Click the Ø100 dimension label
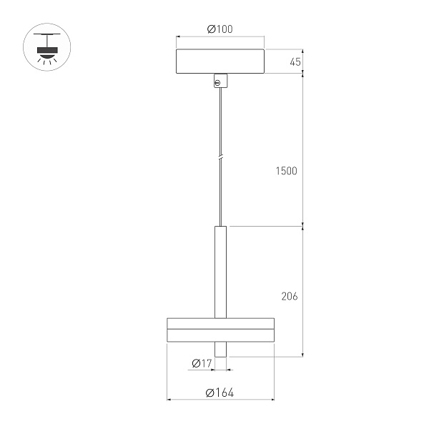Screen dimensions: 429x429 tap(220, 29)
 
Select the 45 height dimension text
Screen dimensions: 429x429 tap(295, 62)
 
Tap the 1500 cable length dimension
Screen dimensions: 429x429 tap(286, 171)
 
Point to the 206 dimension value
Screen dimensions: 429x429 tap(290, 295)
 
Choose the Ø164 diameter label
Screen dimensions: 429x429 tap(220, 393)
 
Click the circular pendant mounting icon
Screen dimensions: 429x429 tap(48, 48)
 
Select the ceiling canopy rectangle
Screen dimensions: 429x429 tap(220, 61)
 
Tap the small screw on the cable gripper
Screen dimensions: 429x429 tap(217, 83)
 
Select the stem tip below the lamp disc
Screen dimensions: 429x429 tap(220, 349)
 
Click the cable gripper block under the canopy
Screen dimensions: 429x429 tap(220, 80)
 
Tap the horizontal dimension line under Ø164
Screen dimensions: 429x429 tap(220, 400)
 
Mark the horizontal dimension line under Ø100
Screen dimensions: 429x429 tap(220, 37)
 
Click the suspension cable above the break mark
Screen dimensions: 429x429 tap(221, 122)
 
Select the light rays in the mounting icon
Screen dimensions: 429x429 tap(48, 61)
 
